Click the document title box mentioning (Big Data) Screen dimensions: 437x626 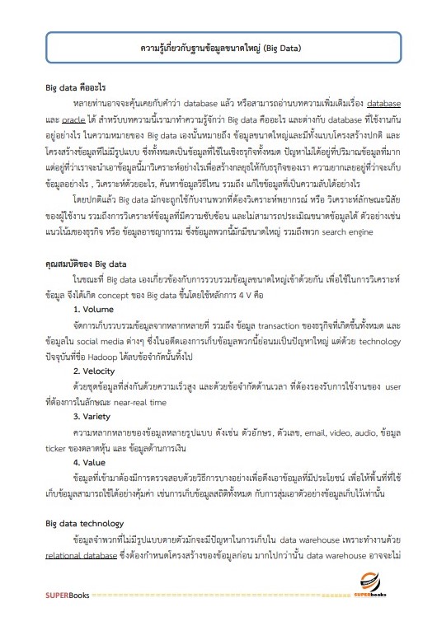[x=218, y=48]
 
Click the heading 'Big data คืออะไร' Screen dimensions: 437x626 [x=75, y=87]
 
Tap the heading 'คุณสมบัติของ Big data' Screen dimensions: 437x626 [x=86, y=264]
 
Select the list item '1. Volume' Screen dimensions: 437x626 [x=93, y=308]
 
